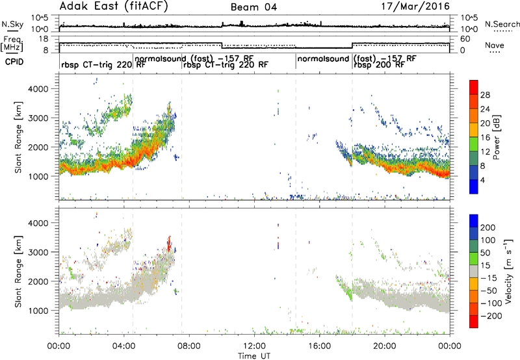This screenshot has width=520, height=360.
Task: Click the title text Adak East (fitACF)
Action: click(x=114, y=6)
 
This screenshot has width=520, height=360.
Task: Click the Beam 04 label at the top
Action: click(x=253, y=7)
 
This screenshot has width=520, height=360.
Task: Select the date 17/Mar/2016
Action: click(x=415, y=6)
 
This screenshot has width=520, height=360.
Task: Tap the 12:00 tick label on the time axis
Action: click(x=254, y=346)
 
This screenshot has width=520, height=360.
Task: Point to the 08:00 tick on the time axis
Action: click(x=189, y=346)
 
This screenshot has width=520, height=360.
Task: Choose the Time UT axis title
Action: click(x=254, y=356)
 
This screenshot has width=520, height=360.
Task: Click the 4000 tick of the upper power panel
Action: click(x=39, y=89)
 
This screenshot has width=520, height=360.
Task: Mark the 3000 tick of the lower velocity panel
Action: click(x=39, y=252)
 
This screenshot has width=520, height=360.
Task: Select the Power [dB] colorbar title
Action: click(x=496, y=137)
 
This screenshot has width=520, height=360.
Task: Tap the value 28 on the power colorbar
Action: click(x=485, y=95)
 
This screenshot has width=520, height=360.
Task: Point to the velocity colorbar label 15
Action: click(x=485, y=266)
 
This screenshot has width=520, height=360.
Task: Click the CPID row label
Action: click(x=14, y=62)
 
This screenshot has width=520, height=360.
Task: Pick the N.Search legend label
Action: click(x=502, y=24)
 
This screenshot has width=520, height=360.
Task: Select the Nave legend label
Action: click(x=495, y=45)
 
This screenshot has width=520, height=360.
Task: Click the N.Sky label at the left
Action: click(x=12, y=24)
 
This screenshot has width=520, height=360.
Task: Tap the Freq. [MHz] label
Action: click(x=12, y=44)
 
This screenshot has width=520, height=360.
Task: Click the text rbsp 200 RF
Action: click(x=379, y=65)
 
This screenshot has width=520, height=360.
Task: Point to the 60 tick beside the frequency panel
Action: click(x=465, y=39)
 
